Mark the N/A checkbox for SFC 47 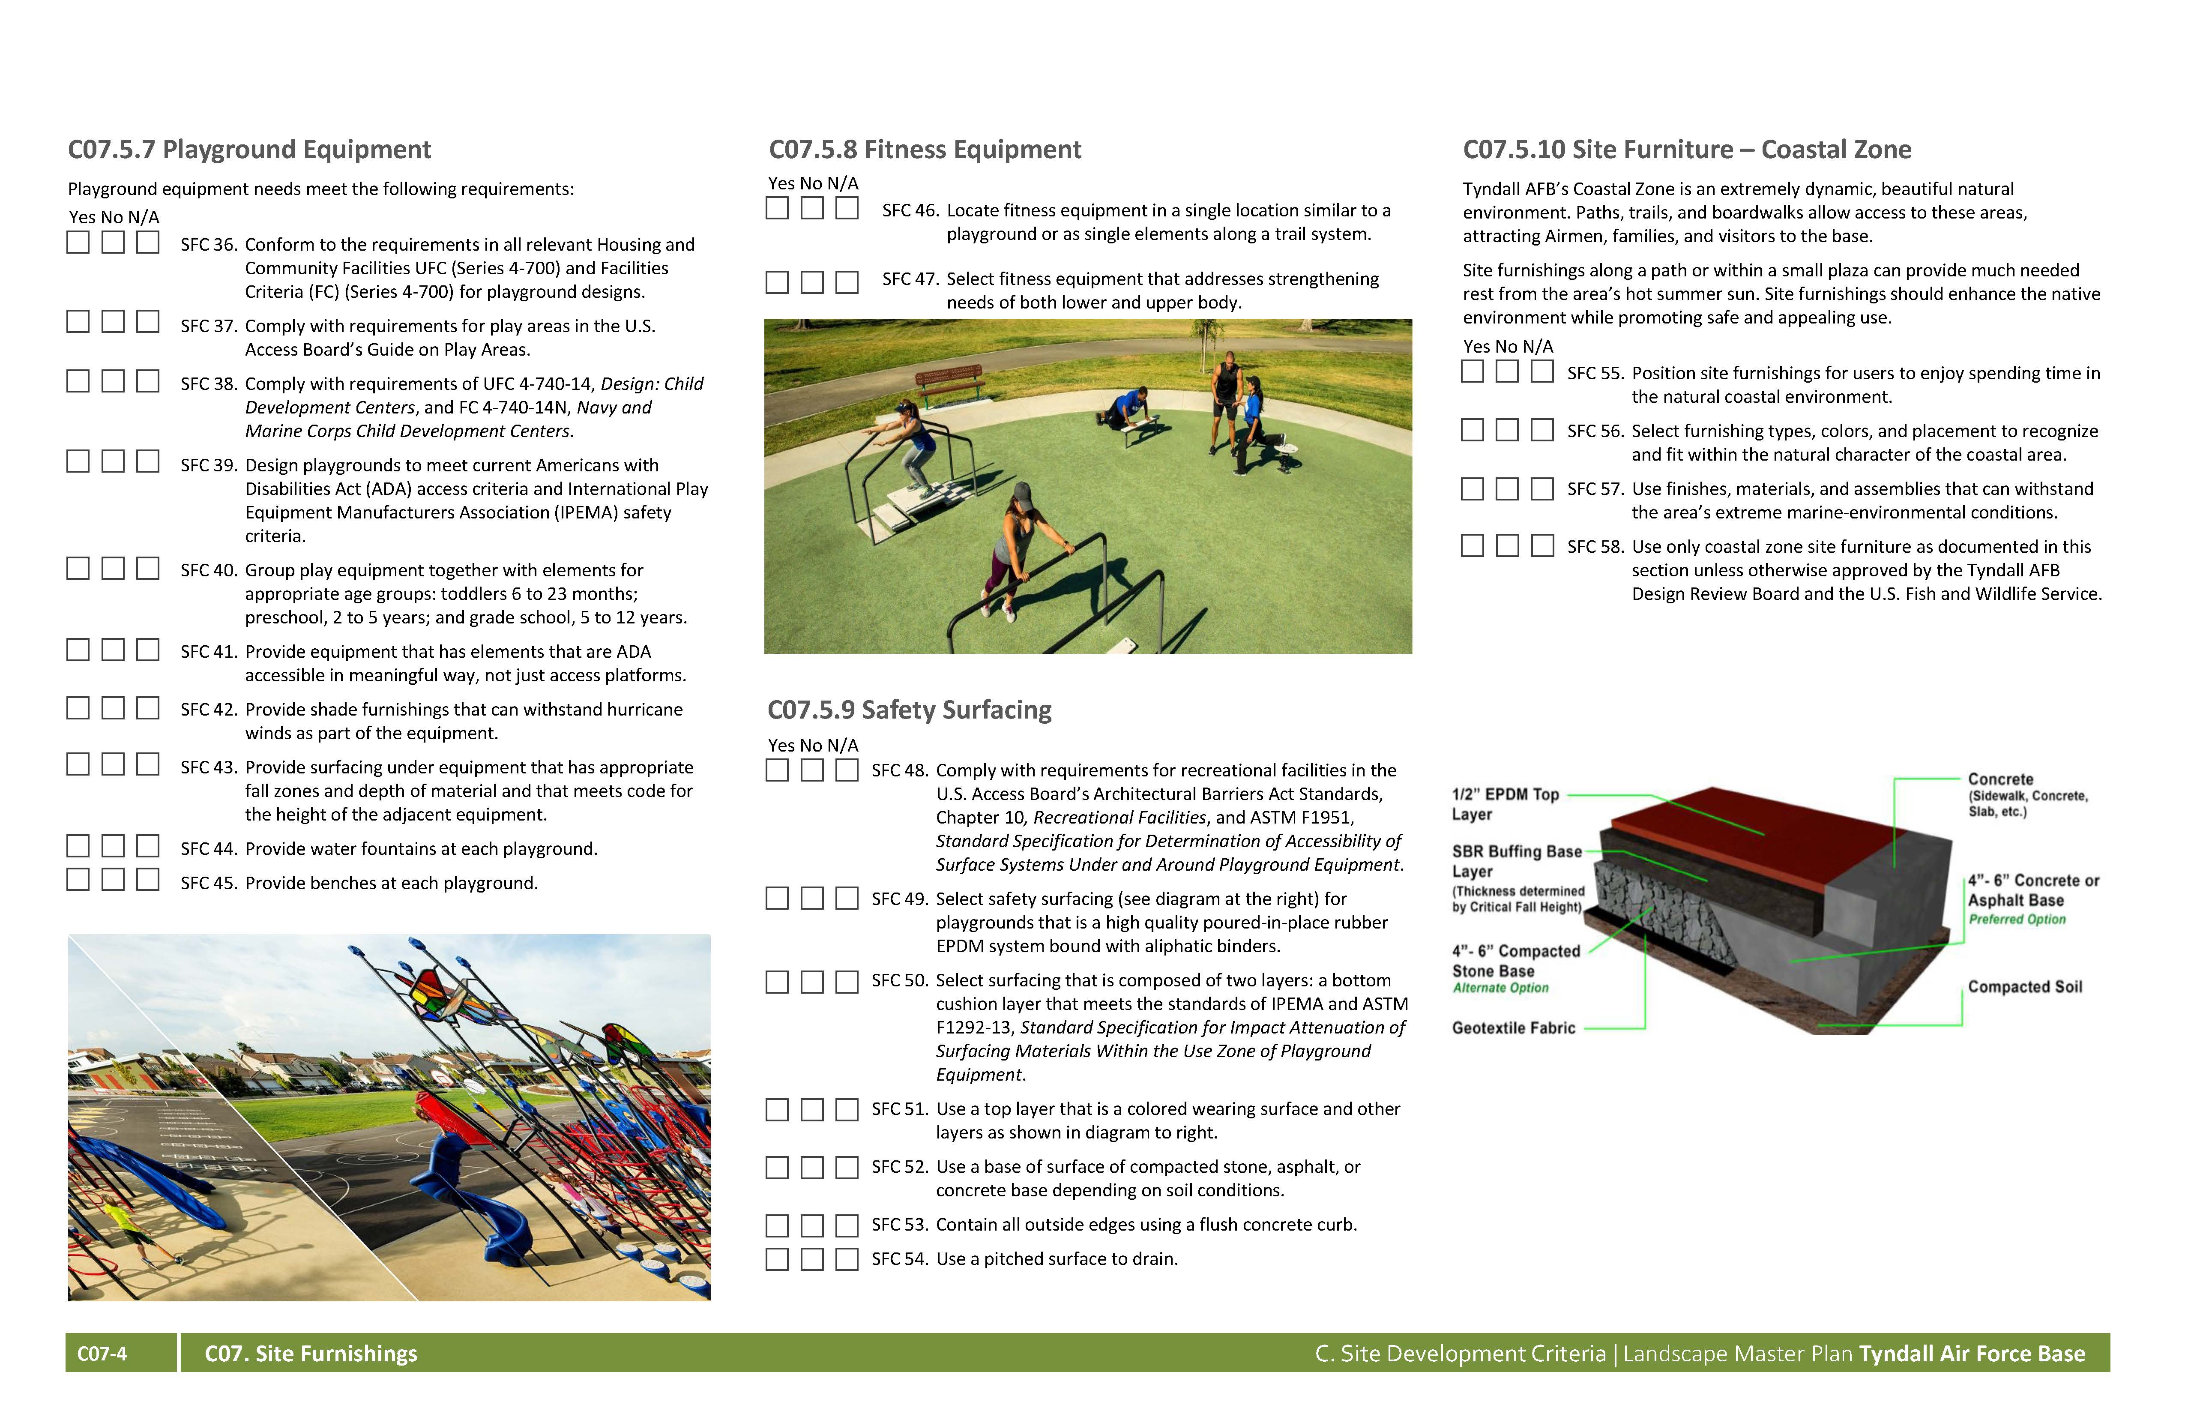[847, 282]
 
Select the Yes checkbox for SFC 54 [777, 1259]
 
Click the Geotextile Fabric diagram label [1513, 1028]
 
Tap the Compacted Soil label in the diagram [2024, 987]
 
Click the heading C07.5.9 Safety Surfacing [909, 710]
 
